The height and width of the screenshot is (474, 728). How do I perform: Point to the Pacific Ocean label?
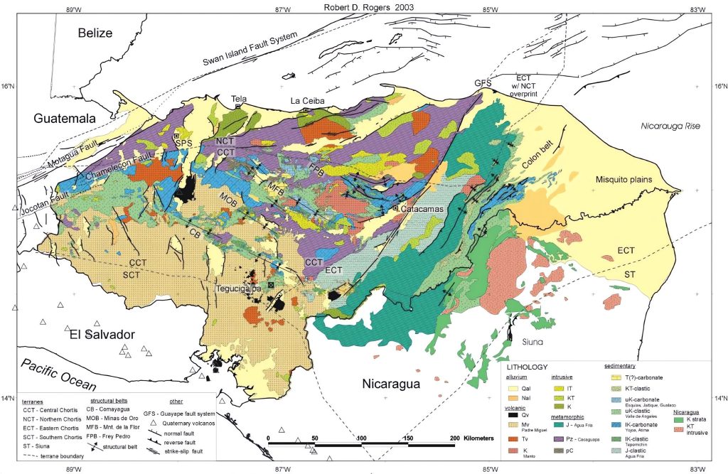[58, 373]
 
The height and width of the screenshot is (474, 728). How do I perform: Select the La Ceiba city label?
[307, 102]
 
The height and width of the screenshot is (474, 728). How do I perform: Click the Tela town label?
[238, 99]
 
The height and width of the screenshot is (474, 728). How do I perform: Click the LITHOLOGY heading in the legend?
[529, 367]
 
